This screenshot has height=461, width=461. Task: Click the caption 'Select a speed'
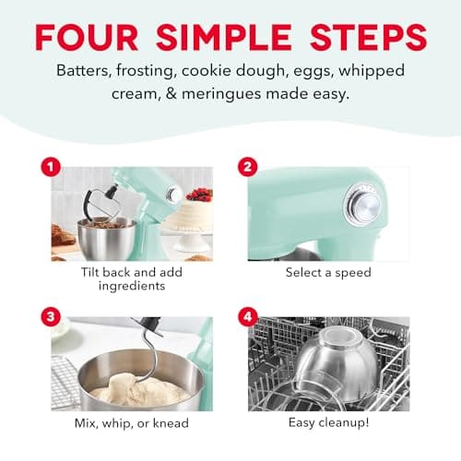328,272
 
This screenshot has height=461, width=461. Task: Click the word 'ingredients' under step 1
131,287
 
